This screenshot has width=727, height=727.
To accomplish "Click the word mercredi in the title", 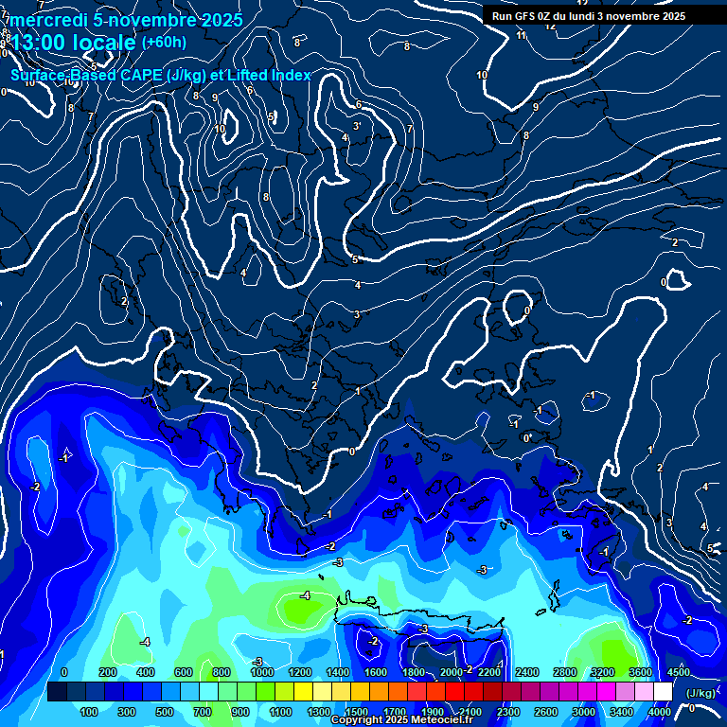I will click(x=44, y=20).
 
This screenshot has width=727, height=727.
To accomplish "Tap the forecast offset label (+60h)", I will click(x=164, y=42).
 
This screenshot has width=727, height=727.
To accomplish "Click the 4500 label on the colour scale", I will click(x=679, y=671).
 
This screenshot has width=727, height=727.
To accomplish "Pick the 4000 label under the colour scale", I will click(x=661, y=712).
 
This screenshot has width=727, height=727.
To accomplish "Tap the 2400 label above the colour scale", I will click(x=527, y=671).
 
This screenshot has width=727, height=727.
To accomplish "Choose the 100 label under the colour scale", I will click(x=90, y=712).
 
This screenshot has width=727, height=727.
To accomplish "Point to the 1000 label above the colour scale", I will click(x=261, y=671).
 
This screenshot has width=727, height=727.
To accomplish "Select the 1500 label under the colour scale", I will click(x=357, y=712).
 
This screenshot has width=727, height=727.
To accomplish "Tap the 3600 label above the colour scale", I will click(x=641, y=671).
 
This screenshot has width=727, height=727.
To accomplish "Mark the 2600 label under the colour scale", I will click(x=546, y=712).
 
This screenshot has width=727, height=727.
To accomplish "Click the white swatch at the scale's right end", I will click(x=662, y=692).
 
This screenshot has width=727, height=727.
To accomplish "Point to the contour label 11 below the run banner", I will click(x=523, y=35).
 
